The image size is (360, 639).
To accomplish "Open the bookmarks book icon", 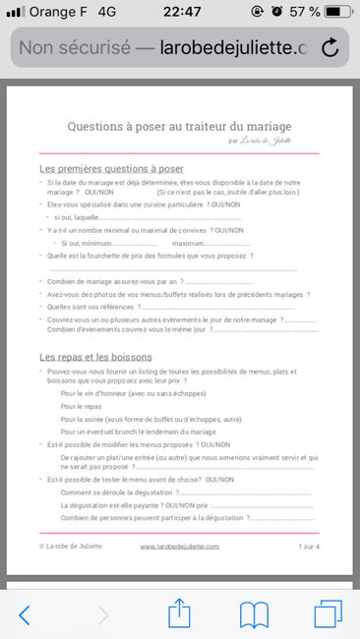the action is click(255, 614).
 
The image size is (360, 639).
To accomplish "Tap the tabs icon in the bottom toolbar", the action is click(328, 614).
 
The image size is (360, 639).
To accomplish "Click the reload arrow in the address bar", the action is click(330, 47).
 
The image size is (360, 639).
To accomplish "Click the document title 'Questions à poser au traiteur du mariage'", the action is click(179, 126).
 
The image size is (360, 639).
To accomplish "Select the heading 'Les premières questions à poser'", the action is click(111, 169).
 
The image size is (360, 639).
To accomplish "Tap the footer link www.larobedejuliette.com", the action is click(179, 546).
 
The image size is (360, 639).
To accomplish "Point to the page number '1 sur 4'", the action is click(309, 546).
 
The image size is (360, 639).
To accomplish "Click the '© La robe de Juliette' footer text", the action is click(71, 546).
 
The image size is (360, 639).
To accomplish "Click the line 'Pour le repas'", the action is click(81, 405).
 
